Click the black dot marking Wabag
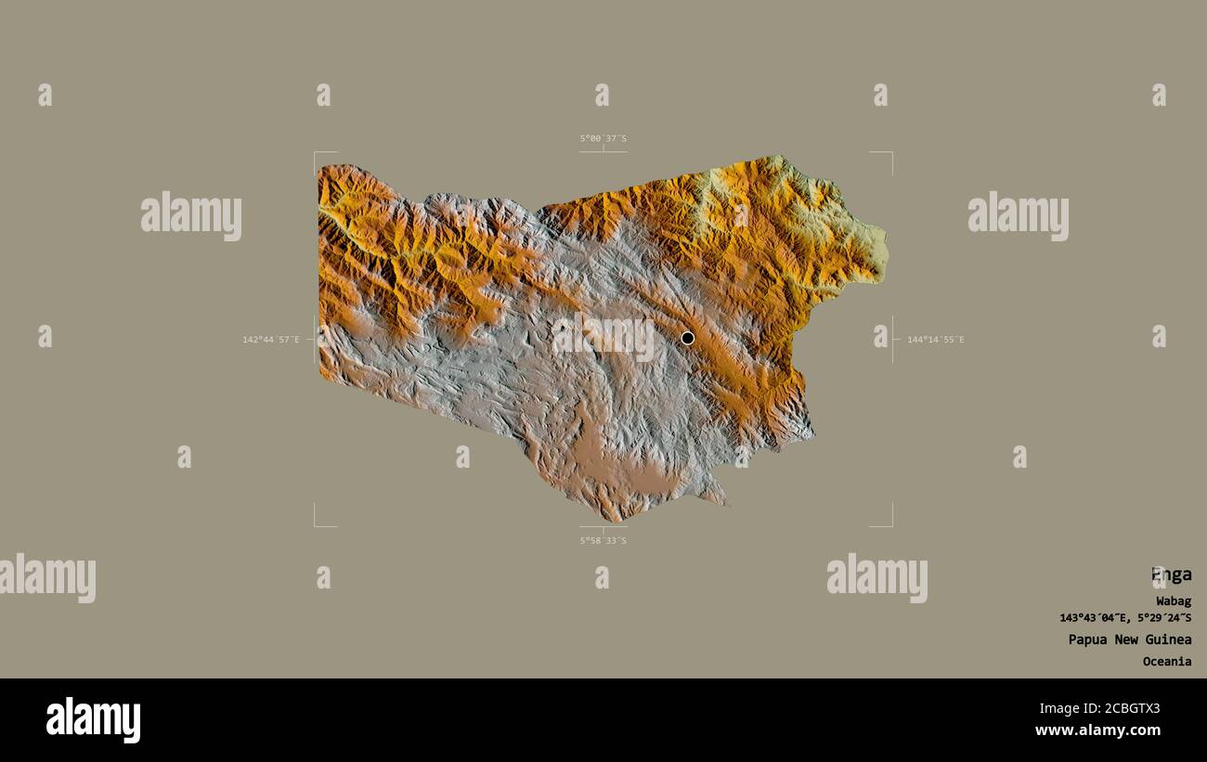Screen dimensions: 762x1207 pyautogui.click(x=687, y=338)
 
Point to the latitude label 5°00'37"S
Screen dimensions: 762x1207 pyautogui.click(x=603, y=138)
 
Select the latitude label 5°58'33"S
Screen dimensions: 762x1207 pyautogui.click(x=603, y=540)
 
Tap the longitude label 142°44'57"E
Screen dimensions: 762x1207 pyautogui.click(x=271, y=340)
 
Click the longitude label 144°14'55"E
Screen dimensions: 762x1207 pyautogui.click(x=935, y=340)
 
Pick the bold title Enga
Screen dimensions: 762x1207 pyautogui.click(x=1171, y=575)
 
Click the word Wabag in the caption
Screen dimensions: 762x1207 pyautogui.click(x=1174, y=601)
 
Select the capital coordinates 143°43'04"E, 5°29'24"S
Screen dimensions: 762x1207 pyautogui.click(x=1125, y=618)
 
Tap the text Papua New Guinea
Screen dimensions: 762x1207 pyautogui.click(x=1129, y=639)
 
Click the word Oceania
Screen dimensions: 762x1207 pyautogui.click(x=1167, y=662)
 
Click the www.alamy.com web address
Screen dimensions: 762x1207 pyautogui.click(x=1097, y=730)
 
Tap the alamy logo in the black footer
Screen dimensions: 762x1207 pyautogui.click(x=93, y=720)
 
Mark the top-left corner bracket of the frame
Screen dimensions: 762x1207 pyautogui.click(x=316, y=153)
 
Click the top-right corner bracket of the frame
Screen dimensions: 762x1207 pyautogui.click(x=890, y=153)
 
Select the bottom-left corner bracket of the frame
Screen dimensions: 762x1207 pyautogui.click(x=316, y=524)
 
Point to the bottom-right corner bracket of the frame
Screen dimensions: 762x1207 pyautogui.click(x=890, y=524)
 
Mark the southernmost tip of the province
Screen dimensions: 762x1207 pyautogui.click(x=613, y=518)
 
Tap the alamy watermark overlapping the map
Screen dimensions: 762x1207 pyautogui.click(x=603, y=338)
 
